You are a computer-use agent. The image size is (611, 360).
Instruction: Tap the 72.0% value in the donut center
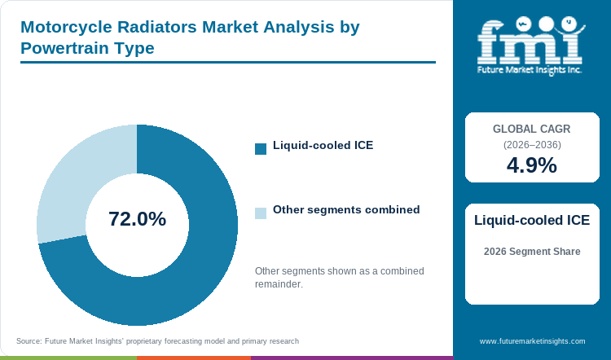coord(137,218)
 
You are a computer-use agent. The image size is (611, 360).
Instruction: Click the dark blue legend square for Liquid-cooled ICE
coord(261,149)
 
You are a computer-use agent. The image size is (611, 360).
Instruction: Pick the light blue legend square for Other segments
coord(261,213)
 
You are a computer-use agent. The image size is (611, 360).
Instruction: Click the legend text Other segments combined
coord(346,209)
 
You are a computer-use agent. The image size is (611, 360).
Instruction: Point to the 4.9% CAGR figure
coord(532,165)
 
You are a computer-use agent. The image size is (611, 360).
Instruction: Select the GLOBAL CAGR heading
coord(531,129)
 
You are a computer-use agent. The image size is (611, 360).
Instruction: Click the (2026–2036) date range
coord(532,145)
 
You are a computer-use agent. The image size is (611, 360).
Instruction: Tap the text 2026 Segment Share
coord(532,252)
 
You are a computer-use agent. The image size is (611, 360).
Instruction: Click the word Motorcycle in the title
coord(66,27)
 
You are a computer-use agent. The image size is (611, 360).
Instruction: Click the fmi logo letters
coord(530,42)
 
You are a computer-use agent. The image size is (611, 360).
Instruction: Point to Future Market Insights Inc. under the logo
coord(530,70)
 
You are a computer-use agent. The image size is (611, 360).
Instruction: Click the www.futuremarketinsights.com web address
coord(532,341)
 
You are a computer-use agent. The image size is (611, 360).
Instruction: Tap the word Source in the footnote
coord(29,341)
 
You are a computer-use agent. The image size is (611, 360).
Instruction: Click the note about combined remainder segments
coord(340,278)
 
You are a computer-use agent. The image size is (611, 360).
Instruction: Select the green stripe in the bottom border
coord(68,358)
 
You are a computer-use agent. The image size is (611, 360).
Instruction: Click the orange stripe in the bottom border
coord(194,358)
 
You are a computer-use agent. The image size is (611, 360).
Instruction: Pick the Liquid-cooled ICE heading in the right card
coord(532,220)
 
